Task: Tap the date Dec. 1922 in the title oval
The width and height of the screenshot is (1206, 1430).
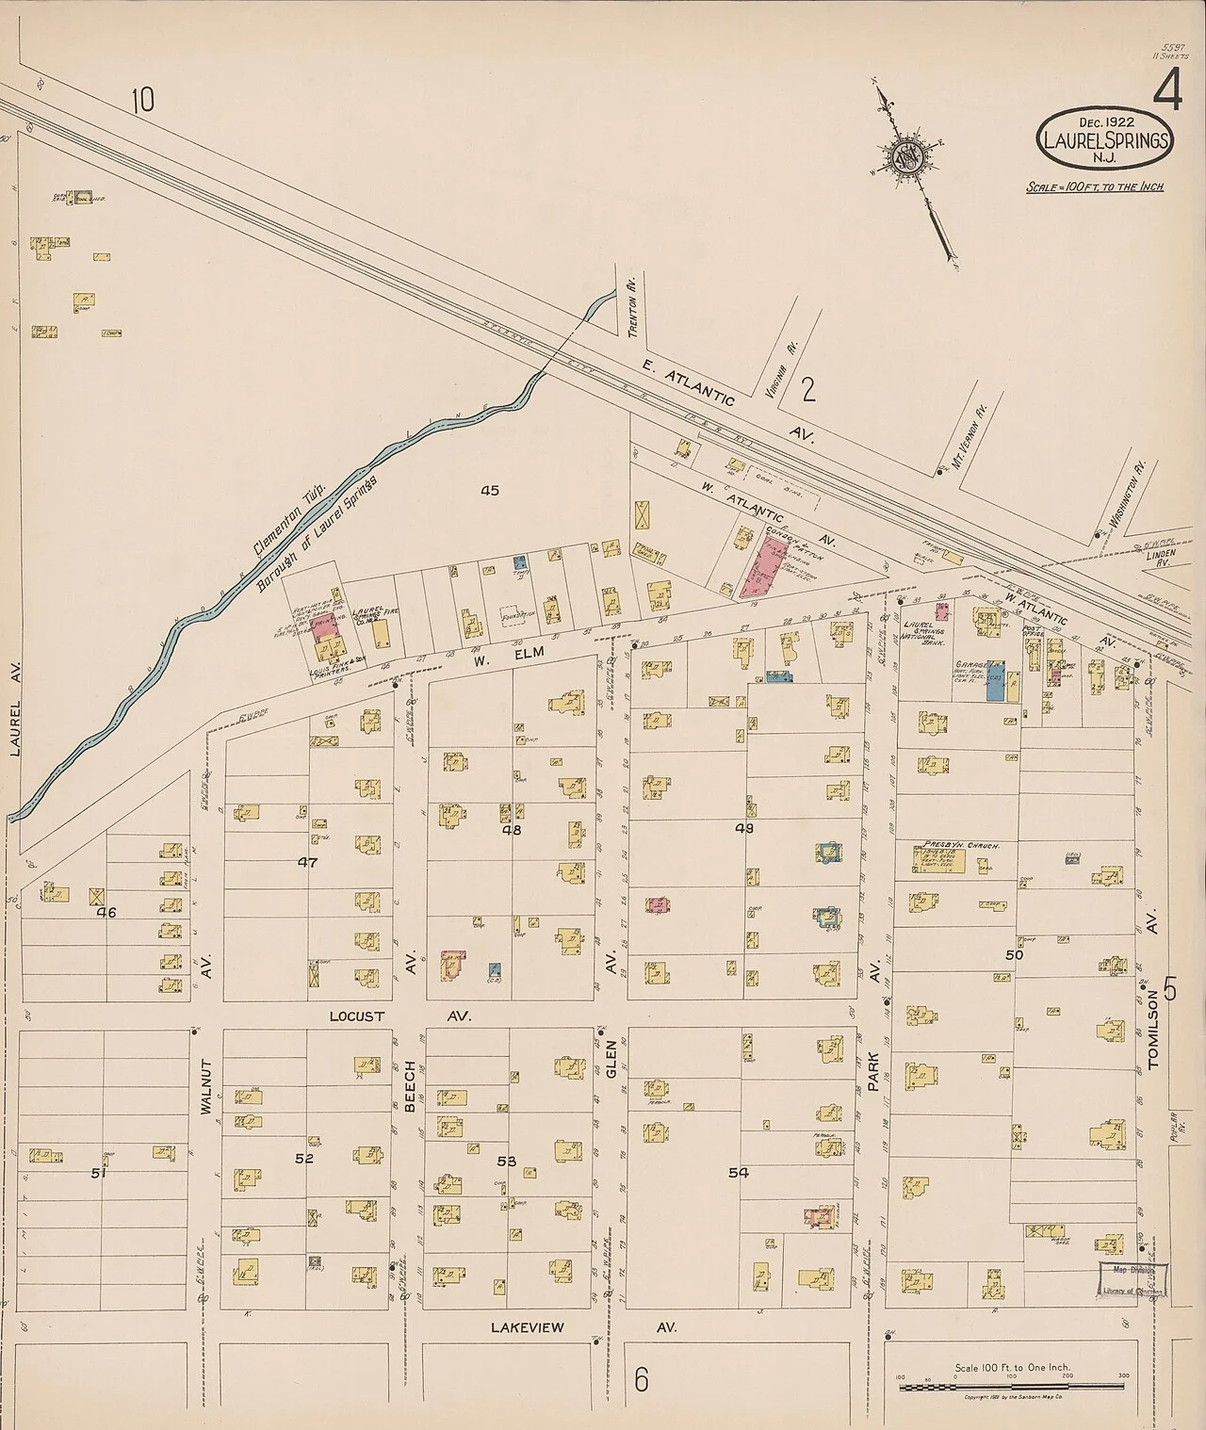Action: coord(1106,122)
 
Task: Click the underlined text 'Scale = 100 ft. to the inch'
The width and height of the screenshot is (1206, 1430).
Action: coord(1095,187)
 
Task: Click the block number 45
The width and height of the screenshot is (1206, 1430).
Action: coord(488,490)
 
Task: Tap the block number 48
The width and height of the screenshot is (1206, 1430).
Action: coord(512,830)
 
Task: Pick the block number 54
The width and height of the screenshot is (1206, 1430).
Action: coord(738,1172)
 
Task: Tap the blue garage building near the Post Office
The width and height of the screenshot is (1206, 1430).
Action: coord(994,681)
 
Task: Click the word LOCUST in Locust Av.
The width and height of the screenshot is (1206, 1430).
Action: coord(353,1016)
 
